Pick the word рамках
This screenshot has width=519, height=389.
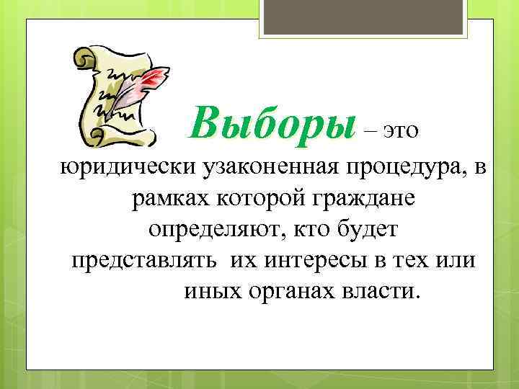pyautogui.click(x=167, y=199)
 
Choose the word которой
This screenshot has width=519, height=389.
pyautogui.click(x=251, y=199)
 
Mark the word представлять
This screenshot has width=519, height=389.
pyautogui.click(x=143, y=261)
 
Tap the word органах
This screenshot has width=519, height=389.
pyautogui.click(x=290, y=292)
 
